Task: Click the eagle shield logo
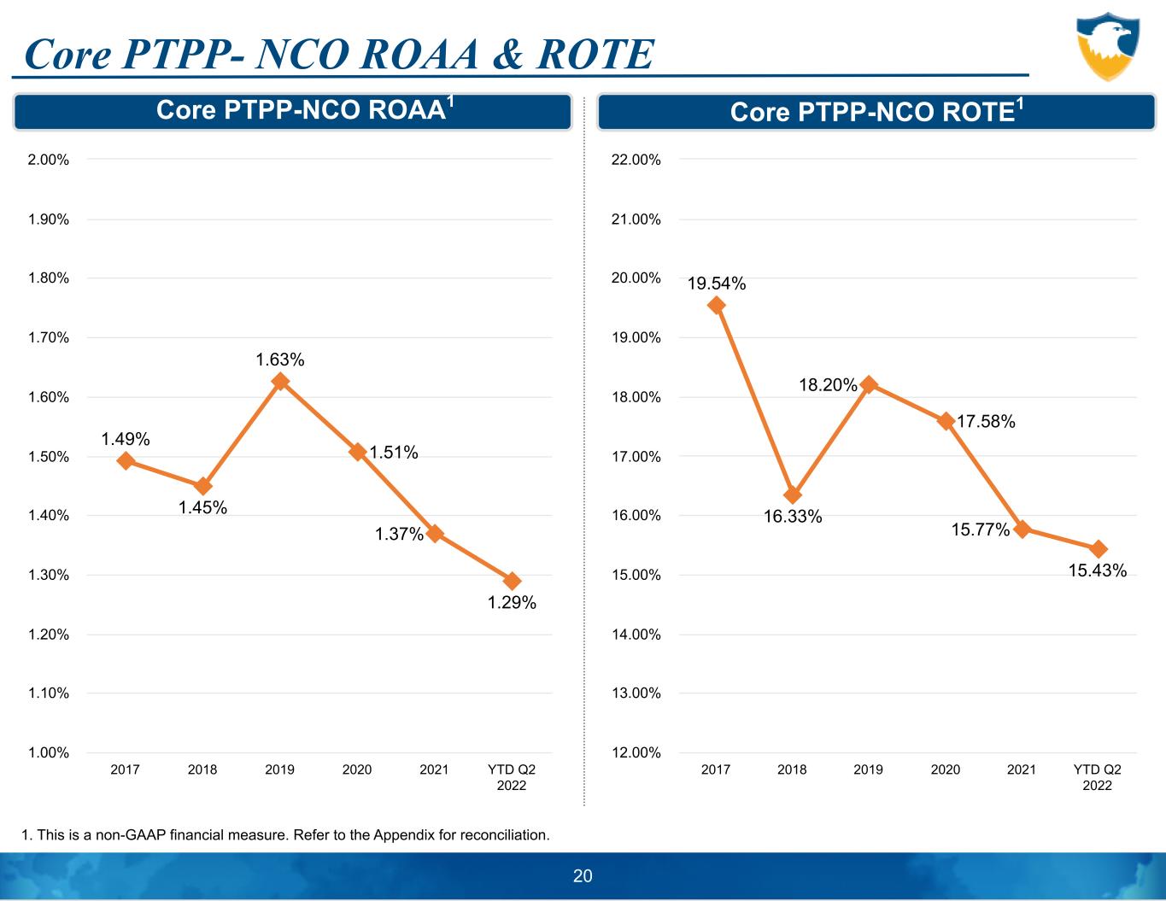(x=1107, y=46)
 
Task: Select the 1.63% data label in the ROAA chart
(x=280, y=360)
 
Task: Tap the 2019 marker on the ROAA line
(x=280, y=382)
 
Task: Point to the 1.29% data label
(x=512, y=603)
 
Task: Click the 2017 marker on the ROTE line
(x=717, y=306)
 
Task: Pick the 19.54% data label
(x=717, y=284)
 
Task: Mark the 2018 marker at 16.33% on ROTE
(x=793, y=495)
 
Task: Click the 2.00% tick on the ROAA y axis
(x=49, y=160)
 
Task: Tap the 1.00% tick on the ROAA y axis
(x=49, y=752)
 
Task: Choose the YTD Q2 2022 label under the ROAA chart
(x=512, y=777)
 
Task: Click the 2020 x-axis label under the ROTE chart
(x=946, y=769)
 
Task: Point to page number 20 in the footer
(x=583, y=876)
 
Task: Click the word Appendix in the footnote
(x=403, y=834)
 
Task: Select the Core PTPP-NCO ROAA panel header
(x=292, y=112)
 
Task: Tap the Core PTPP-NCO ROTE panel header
(x=876, y=112)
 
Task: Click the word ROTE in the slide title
(x=595, y=55)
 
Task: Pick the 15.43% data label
(x=1098, y=570)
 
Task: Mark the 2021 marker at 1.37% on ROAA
(x=435, y=534)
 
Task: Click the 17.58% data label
(x=986, y=421)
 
